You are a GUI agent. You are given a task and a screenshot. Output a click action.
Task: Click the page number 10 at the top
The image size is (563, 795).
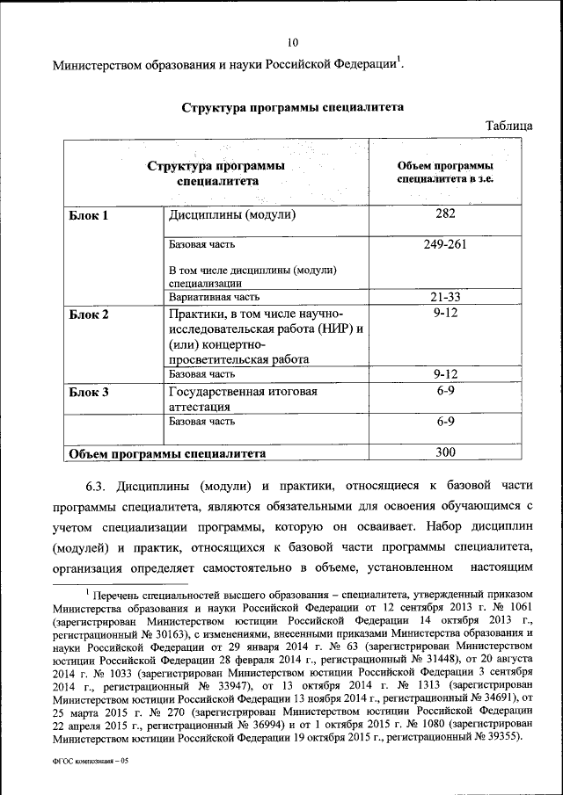[x=293, y=41]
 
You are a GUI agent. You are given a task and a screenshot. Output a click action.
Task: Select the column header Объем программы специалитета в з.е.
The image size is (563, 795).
[x=444, y=171]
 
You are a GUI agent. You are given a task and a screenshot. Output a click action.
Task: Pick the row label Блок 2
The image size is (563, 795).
[x=89, y=314]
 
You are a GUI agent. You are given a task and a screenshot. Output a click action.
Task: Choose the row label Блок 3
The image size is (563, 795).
[x=89, y=393]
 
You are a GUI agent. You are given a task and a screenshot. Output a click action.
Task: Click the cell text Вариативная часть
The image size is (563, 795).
[x=214, y=298]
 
